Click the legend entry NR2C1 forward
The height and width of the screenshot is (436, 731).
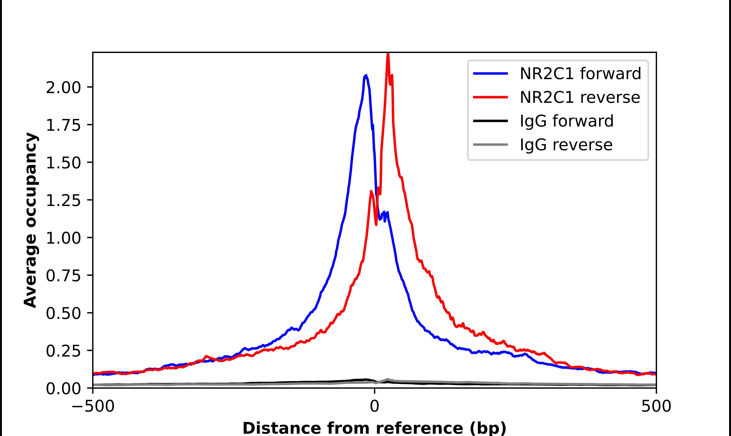(x=580, y=74)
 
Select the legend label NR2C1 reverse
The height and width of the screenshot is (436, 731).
(x=580, y=97)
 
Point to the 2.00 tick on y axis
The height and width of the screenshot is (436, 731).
(x=63, y=88)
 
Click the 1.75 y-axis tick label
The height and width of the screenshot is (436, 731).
(x=63, y=125)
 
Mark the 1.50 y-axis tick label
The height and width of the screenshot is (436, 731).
(x=63, y=163)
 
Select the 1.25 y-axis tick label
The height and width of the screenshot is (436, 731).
(x=63, y=200)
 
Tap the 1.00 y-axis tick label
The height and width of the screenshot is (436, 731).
(x=63, y=238)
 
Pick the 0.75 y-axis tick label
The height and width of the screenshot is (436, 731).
(x=63, y=276)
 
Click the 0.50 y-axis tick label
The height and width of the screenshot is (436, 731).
(x=63, y=313)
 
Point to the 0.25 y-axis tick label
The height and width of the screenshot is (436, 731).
(x=63, y=351)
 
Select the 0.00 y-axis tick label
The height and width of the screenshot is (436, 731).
(x=63, y=388)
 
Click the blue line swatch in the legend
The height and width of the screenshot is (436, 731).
(x=490, y=74)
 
